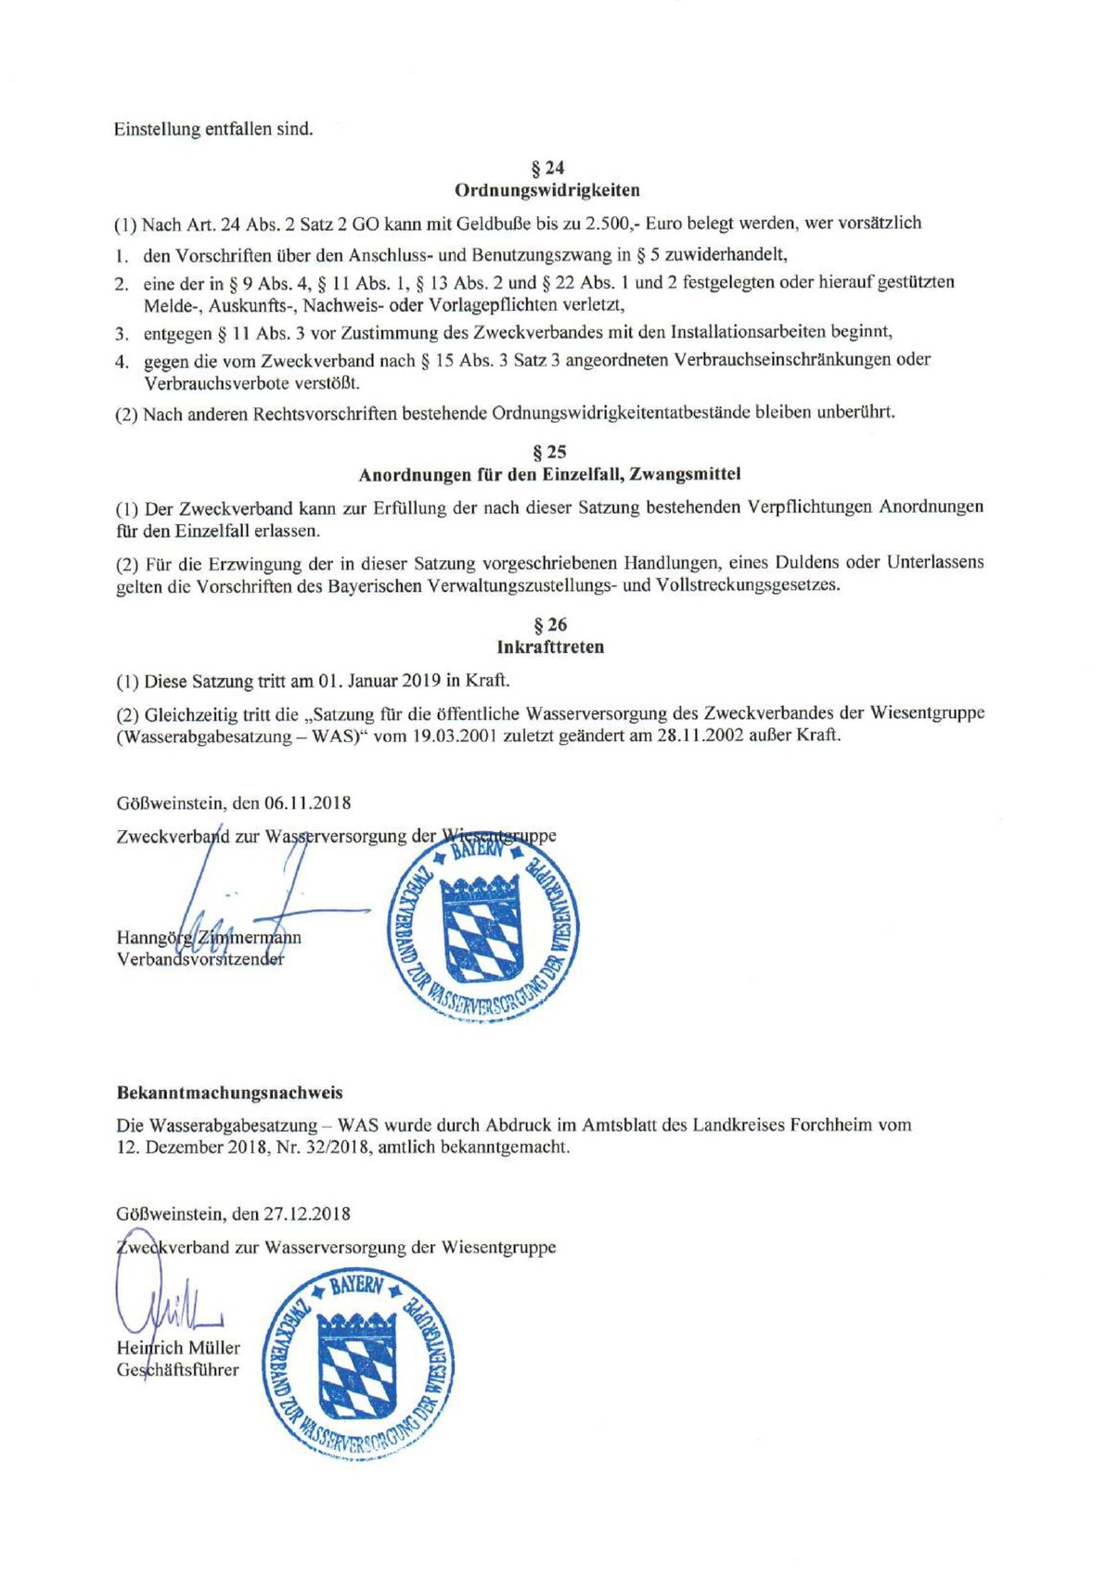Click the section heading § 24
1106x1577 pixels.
click(547, 168)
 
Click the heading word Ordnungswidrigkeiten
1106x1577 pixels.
click(547, 190)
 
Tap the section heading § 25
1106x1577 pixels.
click(549, 452)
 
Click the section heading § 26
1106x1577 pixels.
click(550, 624)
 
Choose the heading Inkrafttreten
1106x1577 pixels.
click(550, 647)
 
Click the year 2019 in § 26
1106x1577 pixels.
click(421, 680)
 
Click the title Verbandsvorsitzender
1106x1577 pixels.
click(200, 959)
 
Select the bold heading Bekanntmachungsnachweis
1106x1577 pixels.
click(229, 1093)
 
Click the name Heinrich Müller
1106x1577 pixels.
click(178, 1347)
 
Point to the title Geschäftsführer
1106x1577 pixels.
click(177, 1369)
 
